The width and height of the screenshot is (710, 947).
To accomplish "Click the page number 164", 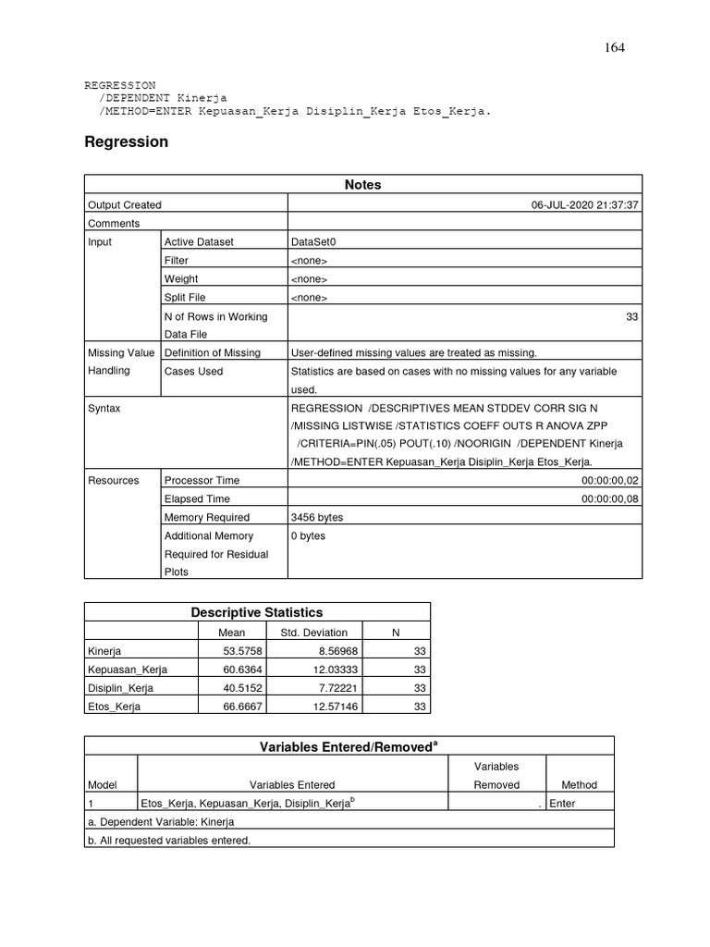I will (615, 48).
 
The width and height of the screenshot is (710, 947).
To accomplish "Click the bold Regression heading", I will (126, 142).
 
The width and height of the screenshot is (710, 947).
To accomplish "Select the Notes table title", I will (362, 185).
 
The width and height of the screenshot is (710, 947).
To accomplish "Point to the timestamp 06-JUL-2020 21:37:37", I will (584, 205).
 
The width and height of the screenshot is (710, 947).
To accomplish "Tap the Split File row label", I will (185, 298).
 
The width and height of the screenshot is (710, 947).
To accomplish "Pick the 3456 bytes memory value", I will (316, 518).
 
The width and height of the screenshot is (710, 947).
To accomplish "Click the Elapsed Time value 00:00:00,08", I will (609, 499).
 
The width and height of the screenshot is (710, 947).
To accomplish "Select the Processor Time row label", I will (202, 481).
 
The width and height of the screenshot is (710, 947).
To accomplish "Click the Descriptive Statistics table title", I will (257, 612).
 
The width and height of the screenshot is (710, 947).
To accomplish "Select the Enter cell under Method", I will (562, 804).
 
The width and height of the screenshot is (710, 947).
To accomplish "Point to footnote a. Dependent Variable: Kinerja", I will (161, 822).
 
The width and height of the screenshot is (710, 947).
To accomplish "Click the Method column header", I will (580, 785).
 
